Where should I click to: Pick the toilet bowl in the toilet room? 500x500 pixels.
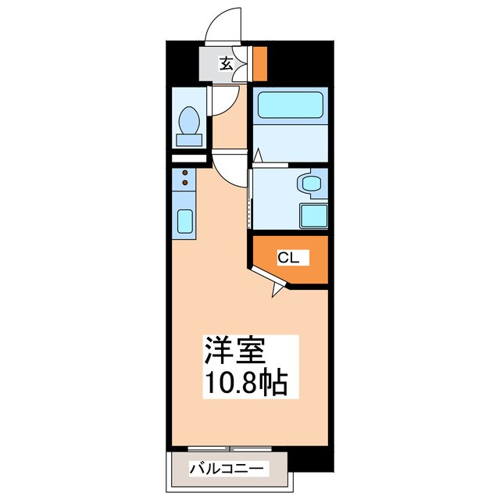tap(189, 120)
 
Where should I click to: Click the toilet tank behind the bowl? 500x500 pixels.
tap(189, 140)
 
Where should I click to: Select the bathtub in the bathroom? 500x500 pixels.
tap(290, 105)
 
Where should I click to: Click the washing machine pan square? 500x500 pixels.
tap(316, 214)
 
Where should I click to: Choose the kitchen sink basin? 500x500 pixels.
tap(186, 222)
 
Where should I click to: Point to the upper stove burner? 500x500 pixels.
tap(185, 173)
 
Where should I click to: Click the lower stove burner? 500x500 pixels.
tap(185, 183)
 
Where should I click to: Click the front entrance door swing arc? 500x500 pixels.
tap(223, 27)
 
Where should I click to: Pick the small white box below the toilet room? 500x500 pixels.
tap(187, 159)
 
